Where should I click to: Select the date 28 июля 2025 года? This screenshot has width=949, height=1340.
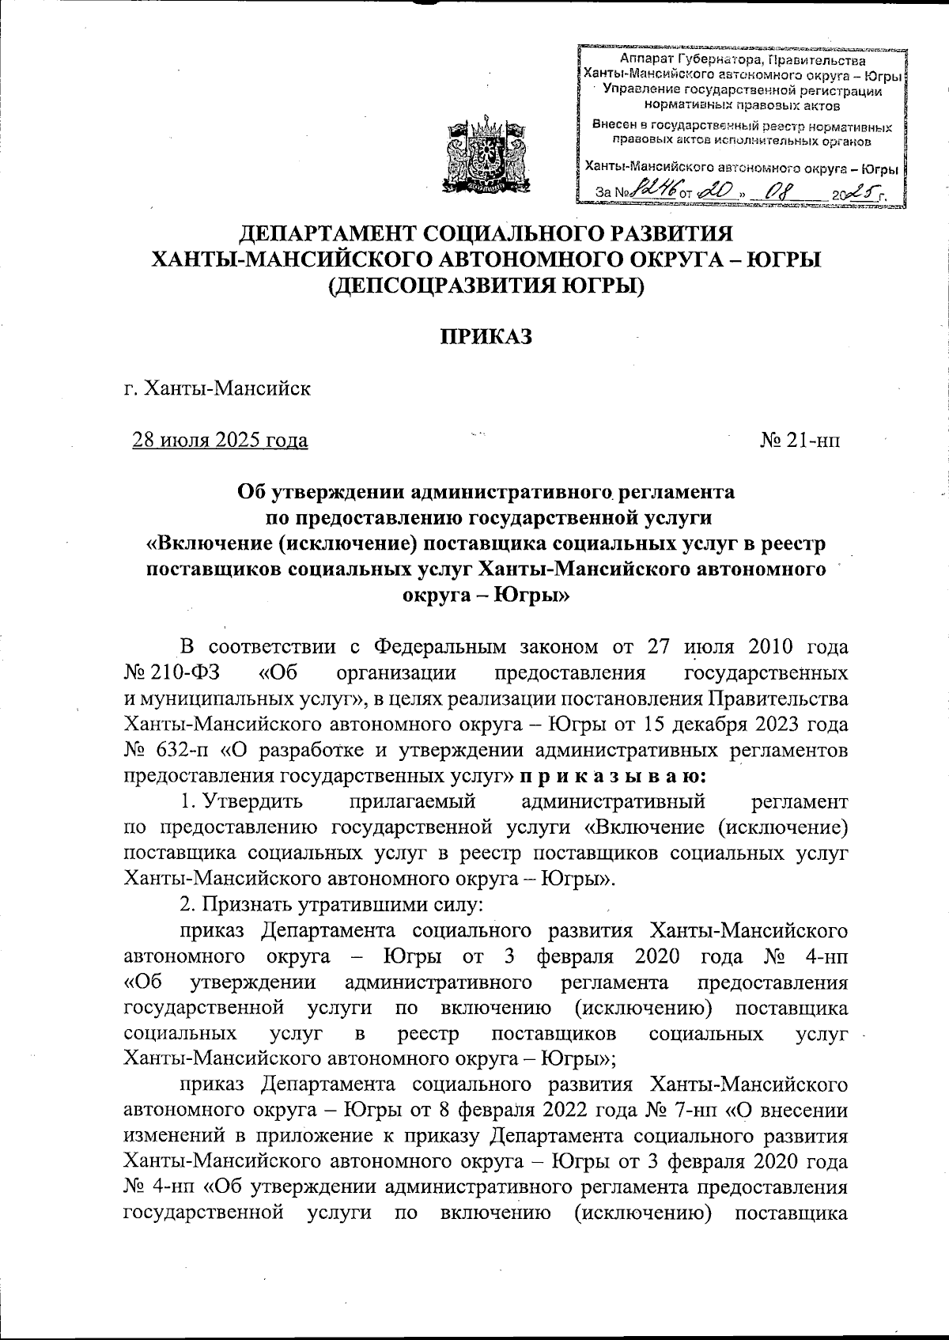[x=220, y=440]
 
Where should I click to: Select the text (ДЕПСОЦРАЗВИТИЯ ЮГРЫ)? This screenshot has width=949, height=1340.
[x=486, y=285]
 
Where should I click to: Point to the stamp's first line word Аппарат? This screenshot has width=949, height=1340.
[x=644, y=61]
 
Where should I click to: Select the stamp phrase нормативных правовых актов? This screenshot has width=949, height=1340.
[x=743, y=104]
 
